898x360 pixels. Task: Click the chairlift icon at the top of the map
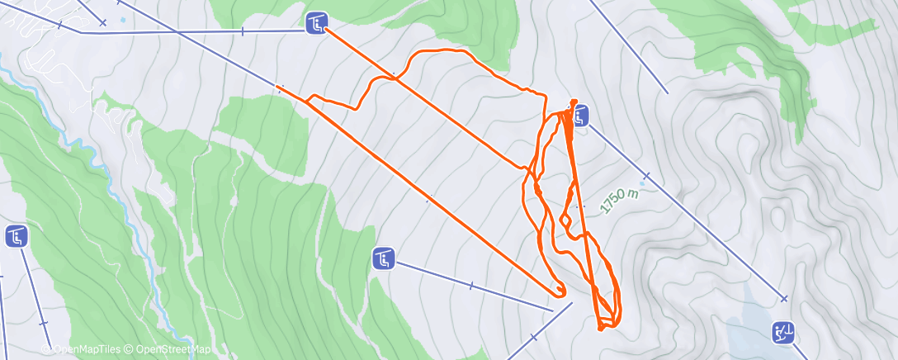[x=317, y=23]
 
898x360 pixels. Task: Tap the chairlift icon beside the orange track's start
[x=581, y=116]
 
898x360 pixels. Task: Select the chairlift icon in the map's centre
[x=384, y=259]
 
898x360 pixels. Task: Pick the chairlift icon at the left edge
[x=17, y=237]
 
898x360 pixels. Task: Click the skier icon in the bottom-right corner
[x=782, y=333]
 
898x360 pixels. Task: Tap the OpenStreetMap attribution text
[x=169, y=350]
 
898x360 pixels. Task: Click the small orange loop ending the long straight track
[x=560, y=290]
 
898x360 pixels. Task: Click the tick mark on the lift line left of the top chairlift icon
[x=243, y=31]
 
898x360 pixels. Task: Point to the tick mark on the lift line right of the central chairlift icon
[x=470, y=286]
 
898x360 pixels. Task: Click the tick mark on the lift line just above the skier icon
[x=783, y=299]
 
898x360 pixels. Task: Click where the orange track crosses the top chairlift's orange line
[x=396, y=78]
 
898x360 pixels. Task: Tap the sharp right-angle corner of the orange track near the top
[x=545, y=95]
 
